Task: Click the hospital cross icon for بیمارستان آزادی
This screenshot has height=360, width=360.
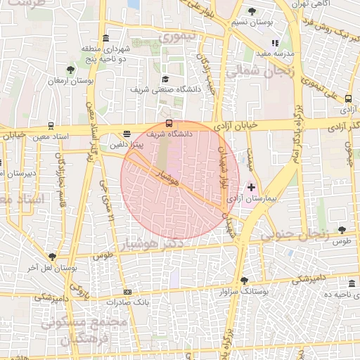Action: [252, 187]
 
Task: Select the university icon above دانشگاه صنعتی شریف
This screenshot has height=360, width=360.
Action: [166, 79]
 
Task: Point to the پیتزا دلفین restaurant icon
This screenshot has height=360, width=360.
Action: [127, 133]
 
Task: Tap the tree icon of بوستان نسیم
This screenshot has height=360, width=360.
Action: [252, 11]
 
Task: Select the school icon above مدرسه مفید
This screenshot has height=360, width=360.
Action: [285, 43]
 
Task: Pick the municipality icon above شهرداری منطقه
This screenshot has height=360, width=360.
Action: [105, 38]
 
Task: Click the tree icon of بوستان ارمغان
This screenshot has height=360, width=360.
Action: [70, 69]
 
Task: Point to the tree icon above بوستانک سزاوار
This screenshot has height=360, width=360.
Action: [244, 279]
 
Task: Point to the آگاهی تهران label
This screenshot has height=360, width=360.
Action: [330, 4]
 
